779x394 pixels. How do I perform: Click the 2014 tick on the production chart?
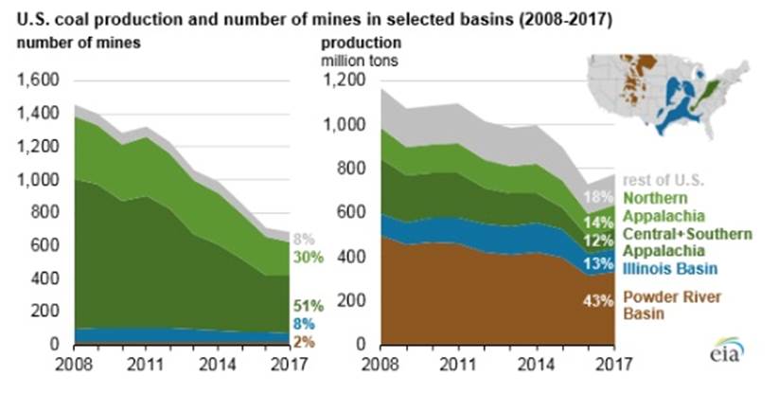pos(537,362)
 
